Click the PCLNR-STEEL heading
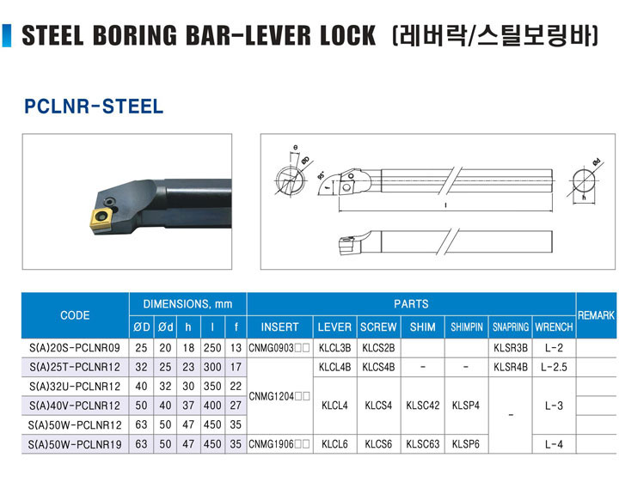click(94, 106)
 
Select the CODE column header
click(75, 315)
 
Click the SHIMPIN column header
click(467, 327)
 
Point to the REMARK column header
click(596, 315)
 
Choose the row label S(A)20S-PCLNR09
click(75, 348)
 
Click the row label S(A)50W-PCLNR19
click(75, 444)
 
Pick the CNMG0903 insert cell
click(279, 348)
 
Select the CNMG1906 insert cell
click(279, 444)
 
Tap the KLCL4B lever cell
click(334, 367)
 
